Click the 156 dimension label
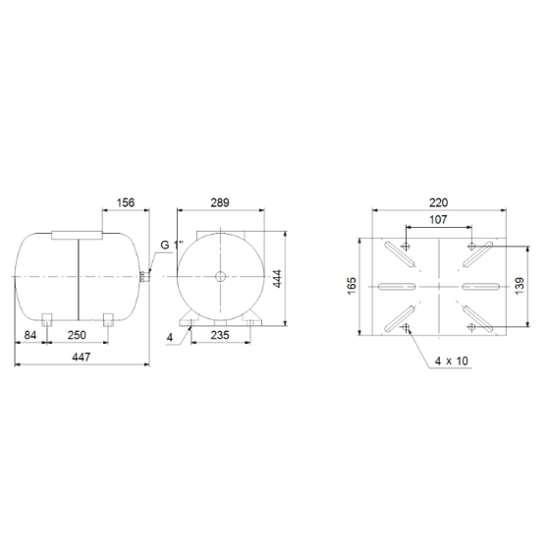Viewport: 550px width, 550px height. [126, 202]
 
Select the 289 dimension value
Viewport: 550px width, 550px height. [220, 202]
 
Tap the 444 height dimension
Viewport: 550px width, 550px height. [277, 279]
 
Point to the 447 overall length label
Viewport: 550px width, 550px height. [82, 357]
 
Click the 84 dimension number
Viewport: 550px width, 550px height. [30, 335]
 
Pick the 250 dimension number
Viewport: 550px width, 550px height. [77, 335]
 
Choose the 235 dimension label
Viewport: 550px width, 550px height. [220, 335]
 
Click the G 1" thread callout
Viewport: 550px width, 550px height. [172, 245]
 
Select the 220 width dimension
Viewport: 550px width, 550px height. [439, 202]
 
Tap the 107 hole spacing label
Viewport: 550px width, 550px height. [438, 220]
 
